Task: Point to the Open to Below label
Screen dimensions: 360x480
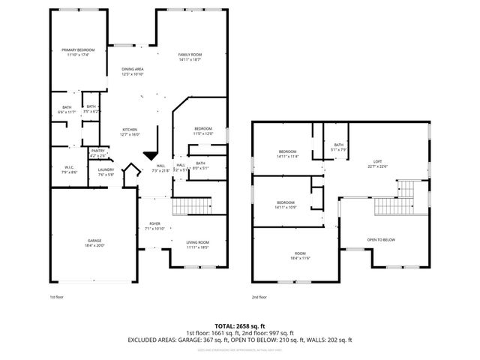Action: click(x=381, y=240)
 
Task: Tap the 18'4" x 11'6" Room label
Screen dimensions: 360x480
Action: click(x=300, y=256)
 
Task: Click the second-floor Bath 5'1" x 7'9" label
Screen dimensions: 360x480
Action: click(x=339, y=147)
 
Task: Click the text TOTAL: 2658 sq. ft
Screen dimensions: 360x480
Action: click(x=240, y=327)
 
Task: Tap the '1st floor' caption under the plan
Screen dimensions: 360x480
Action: click(x=56, y=297)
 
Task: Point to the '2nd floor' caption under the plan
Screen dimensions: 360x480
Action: click(x=259, y=297)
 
